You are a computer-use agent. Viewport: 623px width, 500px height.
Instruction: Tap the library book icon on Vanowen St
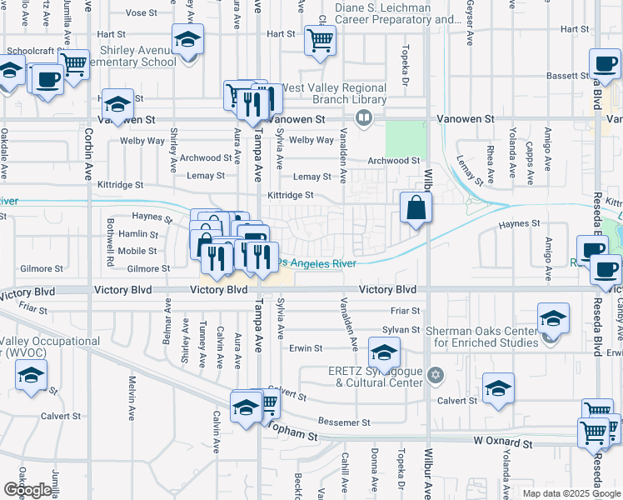click(363, 118)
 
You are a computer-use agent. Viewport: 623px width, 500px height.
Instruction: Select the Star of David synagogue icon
click(433, 377)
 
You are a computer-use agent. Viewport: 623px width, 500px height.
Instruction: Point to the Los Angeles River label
click(318, 263)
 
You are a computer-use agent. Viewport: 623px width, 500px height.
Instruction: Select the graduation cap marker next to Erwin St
click(385, 353)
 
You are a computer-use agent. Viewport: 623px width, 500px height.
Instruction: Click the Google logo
click(27, 490)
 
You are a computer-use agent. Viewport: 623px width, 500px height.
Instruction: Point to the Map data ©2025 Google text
click(570, 493)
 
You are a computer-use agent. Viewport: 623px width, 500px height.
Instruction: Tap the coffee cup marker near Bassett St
click(605, 63)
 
